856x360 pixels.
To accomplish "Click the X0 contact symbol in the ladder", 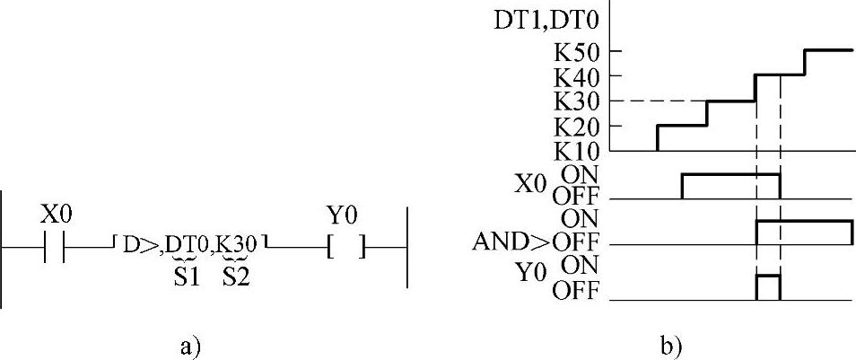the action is (x=55, y=245).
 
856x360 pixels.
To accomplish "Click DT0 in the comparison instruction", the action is (x=189, y=243).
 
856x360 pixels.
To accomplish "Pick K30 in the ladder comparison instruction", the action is (x=237, y=243).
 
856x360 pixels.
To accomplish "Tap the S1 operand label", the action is (x=186, y=277).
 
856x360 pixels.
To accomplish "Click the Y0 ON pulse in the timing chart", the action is (x=768, y=287).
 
